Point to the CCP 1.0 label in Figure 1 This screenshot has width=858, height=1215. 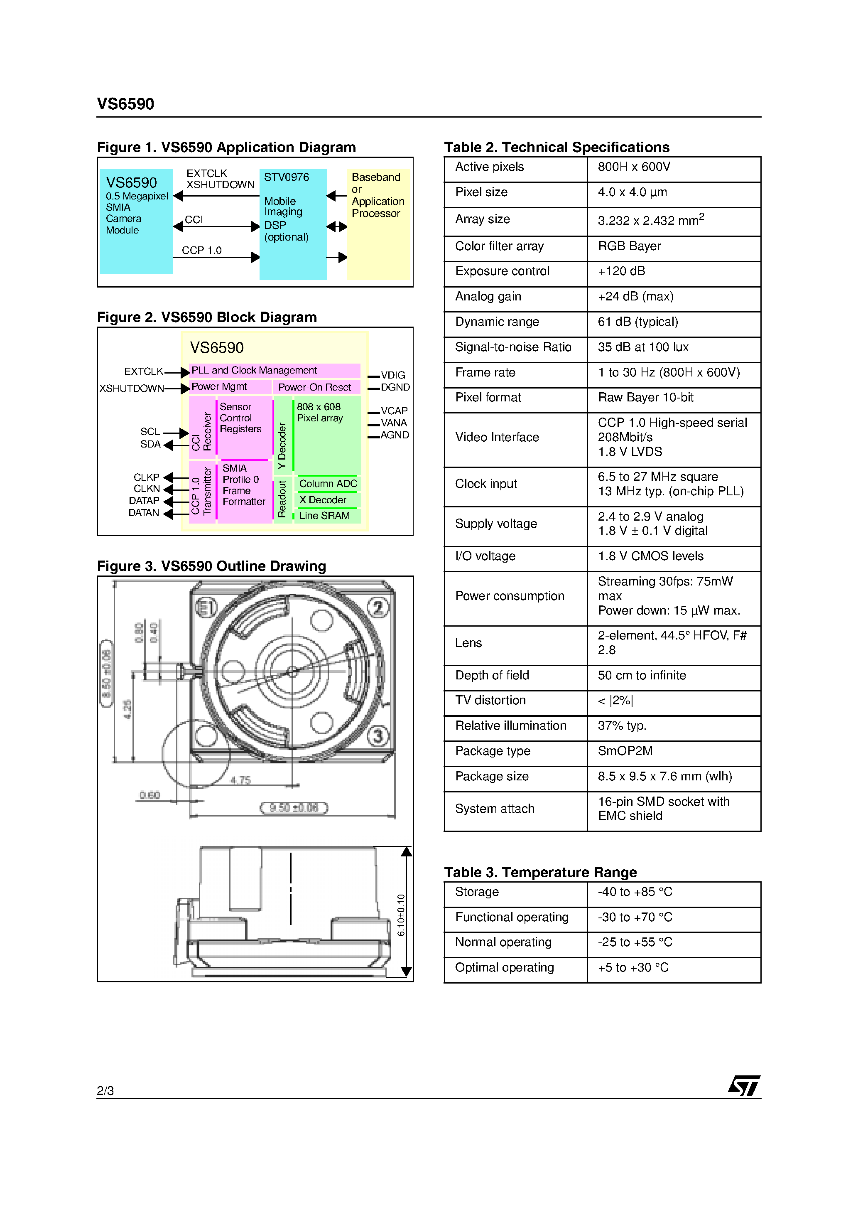point(201,250)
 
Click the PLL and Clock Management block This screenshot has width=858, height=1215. point(275,370)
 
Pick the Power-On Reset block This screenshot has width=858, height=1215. point(316,387)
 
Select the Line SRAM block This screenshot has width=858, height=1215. point(325,515)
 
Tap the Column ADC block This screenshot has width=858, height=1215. point(328,483)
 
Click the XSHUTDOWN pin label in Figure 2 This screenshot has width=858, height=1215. point(132,389)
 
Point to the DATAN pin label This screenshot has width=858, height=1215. point(143,513)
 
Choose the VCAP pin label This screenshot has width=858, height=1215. point(394,411)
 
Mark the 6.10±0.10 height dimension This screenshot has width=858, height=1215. point(401,915)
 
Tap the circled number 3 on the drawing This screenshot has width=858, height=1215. point(378,736)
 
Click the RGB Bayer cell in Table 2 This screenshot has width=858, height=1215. point(630,246)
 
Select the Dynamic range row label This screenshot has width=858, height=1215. point(497,322)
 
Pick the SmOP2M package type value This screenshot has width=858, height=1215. point(625,751)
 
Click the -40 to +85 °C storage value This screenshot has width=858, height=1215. point(635,892)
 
